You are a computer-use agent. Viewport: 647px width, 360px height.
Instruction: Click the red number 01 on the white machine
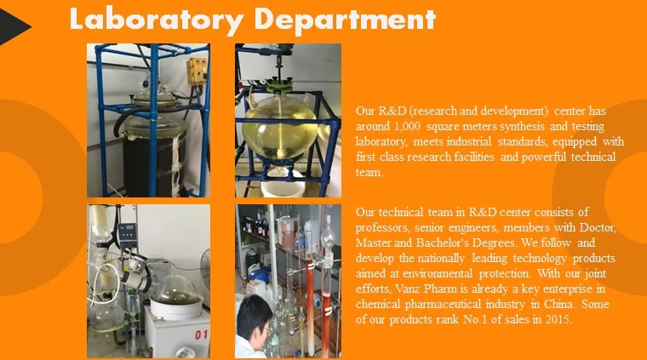202,334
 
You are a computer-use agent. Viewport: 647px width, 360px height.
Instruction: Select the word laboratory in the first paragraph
383,141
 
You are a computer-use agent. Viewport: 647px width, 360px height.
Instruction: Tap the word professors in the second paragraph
382,227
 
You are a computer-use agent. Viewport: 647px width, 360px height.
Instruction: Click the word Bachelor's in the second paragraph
449,243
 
